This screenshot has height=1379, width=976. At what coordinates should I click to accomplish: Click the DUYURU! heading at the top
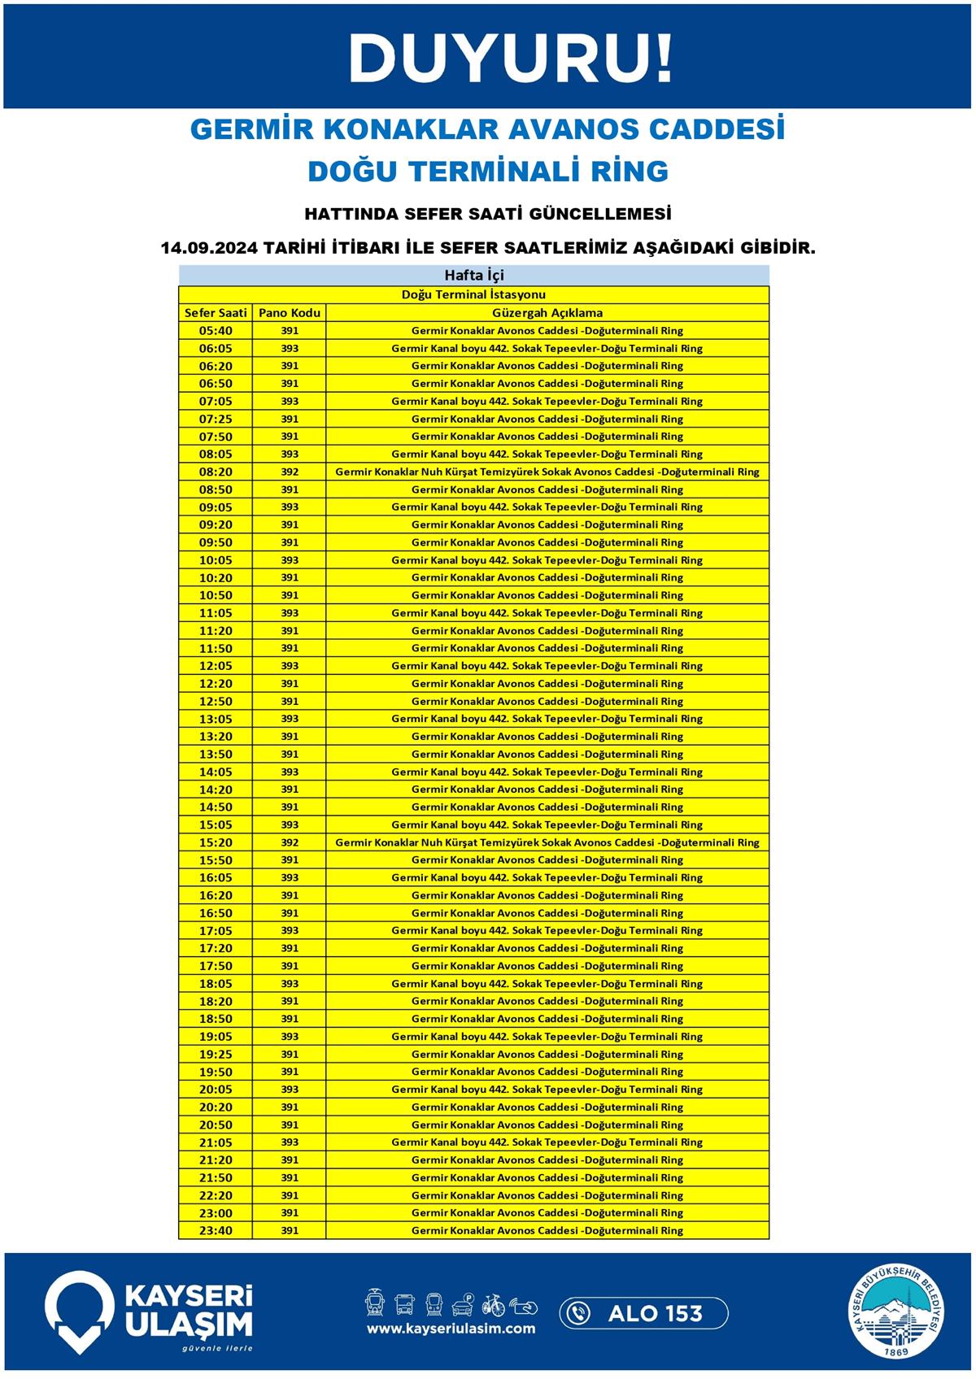(x=511, y=59)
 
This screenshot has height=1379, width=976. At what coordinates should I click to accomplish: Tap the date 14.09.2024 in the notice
(x=207, y=248)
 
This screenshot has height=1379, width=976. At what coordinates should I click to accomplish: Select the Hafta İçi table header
(x=473, y=275)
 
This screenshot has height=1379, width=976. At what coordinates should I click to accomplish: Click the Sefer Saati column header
(x=216, y=313)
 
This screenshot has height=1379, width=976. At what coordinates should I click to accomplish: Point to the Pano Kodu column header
(x=290, y=313)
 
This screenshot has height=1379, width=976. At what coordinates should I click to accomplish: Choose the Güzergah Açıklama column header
(x=547, y=313)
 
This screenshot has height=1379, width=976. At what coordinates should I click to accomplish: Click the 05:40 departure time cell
(x=216, y=331)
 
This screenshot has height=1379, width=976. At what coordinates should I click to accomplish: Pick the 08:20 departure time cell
(x=216, y=472)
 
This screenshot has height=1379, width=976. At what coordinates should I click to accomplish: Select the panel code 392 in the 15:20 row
(x=290, y=842)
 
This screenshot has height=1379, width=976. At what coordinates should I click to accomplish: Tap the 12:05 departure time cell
(x=216, y=666)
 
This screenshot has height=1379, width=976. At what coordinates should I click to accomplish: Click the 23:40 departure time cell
(x=216, y=1231)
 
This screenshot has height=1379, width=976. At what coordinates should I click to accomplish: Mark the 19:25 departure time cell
(x=216, y=1055)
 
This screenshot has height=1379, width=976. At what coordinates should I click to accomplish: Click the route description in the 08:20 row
(x=547, y=472)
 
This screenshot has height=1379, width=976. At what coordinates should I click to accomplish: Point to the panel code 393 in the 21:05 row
(x=290, y=1142)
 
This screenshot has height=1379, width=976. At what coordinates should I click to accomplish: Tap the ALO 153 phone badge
(x=643, y=1313)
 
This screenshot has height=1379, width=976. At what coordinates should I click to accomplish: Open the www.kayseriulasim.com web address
(x=451, y=1329)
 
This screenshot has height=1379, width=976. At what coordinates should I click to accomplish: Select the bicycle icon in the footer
(x=493, y=1305)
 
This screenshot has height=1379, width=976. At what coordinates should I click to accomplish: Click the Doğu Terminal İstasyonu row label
(x=473, y=294)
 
